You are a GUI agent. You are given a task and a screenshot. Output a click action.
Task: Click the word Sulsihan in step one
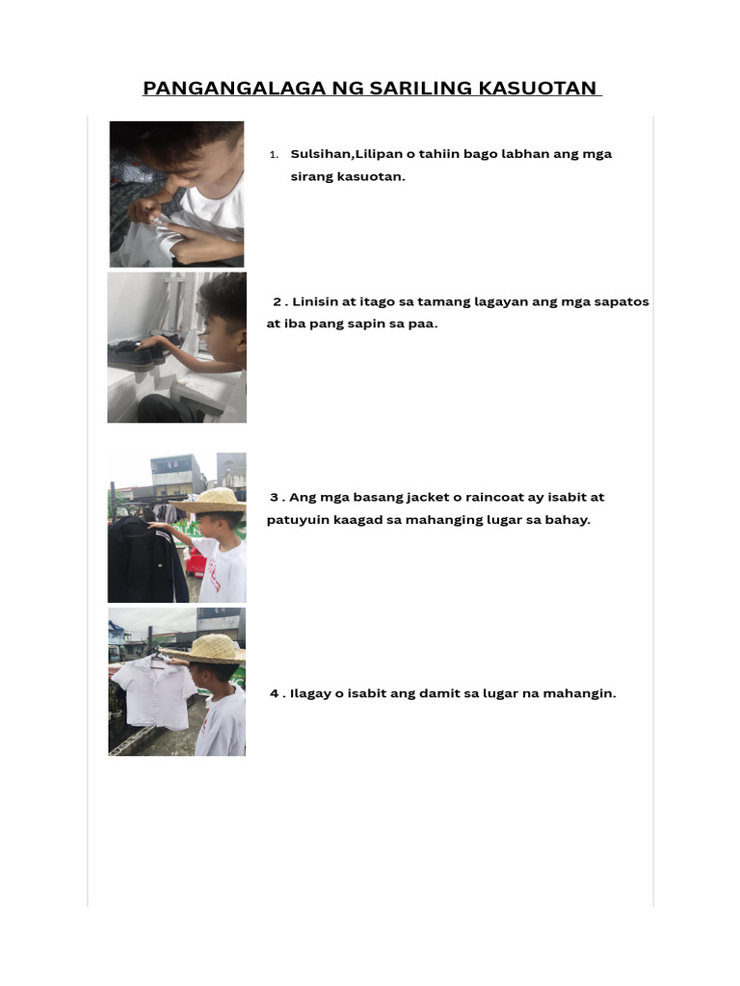(x=321, y=154)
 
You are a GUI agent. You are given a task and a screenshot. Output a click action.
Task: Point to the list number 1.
(x=274, y=155)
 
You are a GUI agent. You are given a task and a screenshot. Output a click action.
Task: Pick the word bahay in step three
(x=568, y=520)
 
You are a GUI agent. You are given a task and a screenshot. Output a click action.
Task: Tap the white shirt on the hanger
(x=154, y=691)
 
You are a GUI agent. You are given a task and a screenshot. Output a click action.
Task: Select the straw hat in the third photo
(x=210, y=501)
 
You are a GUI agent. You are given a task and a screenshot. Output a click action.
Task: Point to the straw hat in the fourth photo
(x=207, y=649)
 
